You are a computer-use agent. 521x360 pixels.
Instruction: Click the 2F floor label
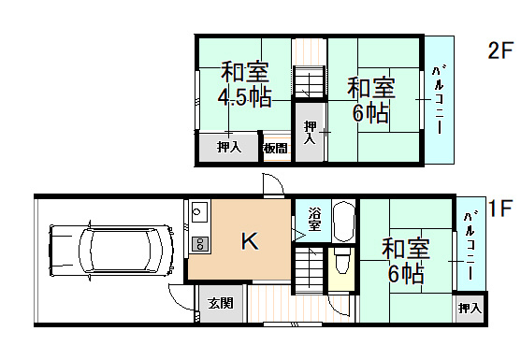click(501, 50)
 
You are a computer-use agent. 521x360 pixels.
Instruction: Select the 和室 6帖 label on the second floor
click(371, 100)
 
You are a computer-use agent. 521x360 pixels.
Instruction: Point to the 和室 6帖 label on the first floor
click(406, 261)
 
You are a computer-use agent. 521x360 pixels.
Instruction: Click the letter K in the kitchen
click(250, 241)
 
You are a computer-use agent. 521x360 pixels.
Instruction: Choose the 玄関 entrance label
click(221, 303)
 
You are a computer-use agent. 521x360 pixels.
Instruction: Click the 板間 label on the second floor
click(276, 148)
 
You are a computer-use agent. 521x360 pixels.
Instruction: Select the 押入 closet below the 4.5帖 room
click(229, 147)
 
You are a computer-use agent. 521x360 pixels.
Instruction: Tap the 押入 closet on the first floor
click(470, 308)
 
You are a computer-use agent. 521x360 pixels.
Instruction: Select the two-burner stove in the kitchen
click(198, 244)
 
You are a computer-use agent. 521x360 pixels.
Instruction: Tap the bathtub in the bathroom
click(342, 223)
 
